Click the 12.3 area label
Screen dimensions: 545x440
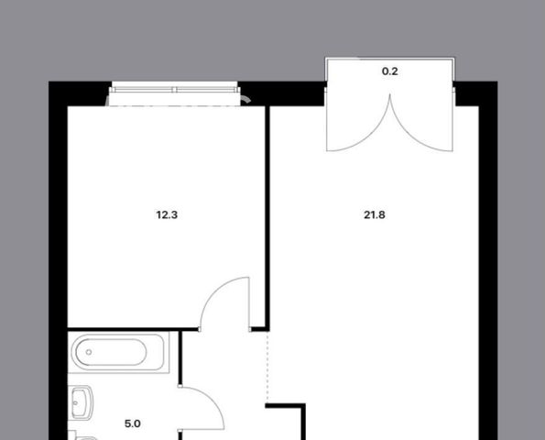click(x=167, y=214)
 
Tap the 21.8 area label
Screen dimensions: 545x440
click(x=375, y=214)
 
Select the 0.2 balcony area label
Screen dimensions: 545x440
click(x=389, y=71)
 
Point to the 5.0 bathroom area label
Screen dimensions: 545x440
click(x=133, y=423)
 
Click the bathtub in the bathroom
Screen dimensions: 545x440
click(x=119, y=352)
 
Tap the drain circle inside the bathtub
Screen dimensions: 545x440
click(x=89, y=352)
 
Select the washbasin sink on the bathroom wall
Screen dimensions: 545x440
click(x=82, y=402)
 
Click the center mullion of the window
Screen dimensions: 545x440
click(x=174, y=90)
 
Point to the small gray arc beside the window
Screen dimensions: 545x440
click(x=246, y=100)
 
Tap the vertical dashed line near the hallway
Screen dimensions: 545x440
click(x=267, y=367)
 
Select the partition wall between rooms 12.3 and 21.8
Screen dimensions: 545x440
click(x=267, y=218)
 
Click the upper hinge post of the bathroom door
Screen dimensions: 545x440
click(x=180, y=386)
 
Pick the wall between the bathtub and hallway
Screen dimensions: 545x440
click(x=180, y=357)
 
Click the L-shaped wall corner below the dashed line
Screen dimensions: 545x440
click(x=303, y=406)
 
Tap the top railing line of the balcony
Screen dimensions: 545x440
click(x=389, y=58)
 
